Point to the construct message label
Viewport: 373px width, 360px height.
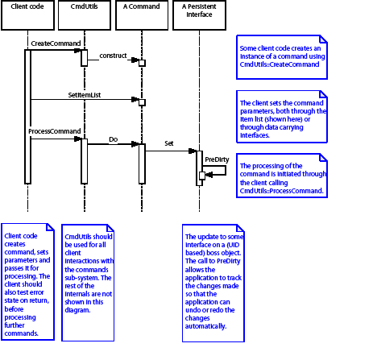point(114,55)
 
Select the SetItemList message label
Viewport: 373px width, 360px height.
point(85,94)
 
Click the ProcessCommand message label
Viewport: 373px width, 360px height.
point(54,130)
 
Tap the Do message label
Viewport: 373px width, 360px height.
point(114,139)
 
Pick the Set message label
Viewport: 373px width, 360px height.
point(169,143)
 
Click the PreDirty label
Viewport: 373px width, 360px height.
point(215,159)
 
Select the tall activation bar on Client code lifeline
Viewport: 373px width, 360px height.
point(27,117)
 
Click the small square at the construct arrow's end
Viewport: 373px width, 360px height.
point(142,63)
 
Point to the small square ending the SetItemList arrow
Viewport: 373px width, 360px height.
point(142,101)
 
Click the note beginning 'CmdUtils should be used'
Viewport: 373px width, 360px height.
point(90,274)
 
